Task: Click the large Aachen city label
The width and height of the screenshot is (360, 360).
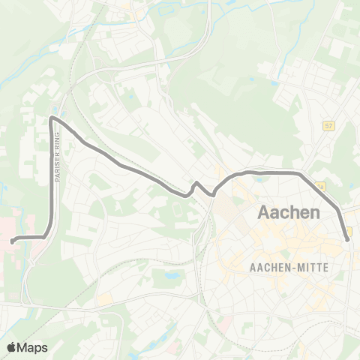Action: tap(289, 212)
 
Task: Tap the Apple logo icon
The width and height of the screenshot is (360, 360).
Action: tap(12, 347)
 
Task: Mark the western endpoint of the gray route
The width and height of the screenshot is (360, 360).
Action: tap(13, 241)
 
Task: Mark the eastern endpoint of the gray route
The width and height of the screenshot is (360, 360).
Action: tap(347, 238)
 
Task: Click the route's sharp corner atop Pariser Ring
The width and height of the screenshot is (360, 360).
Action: tap(52, 118)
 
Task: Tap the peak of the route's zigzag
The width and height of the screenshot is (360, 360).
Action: tap(196, 183)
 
